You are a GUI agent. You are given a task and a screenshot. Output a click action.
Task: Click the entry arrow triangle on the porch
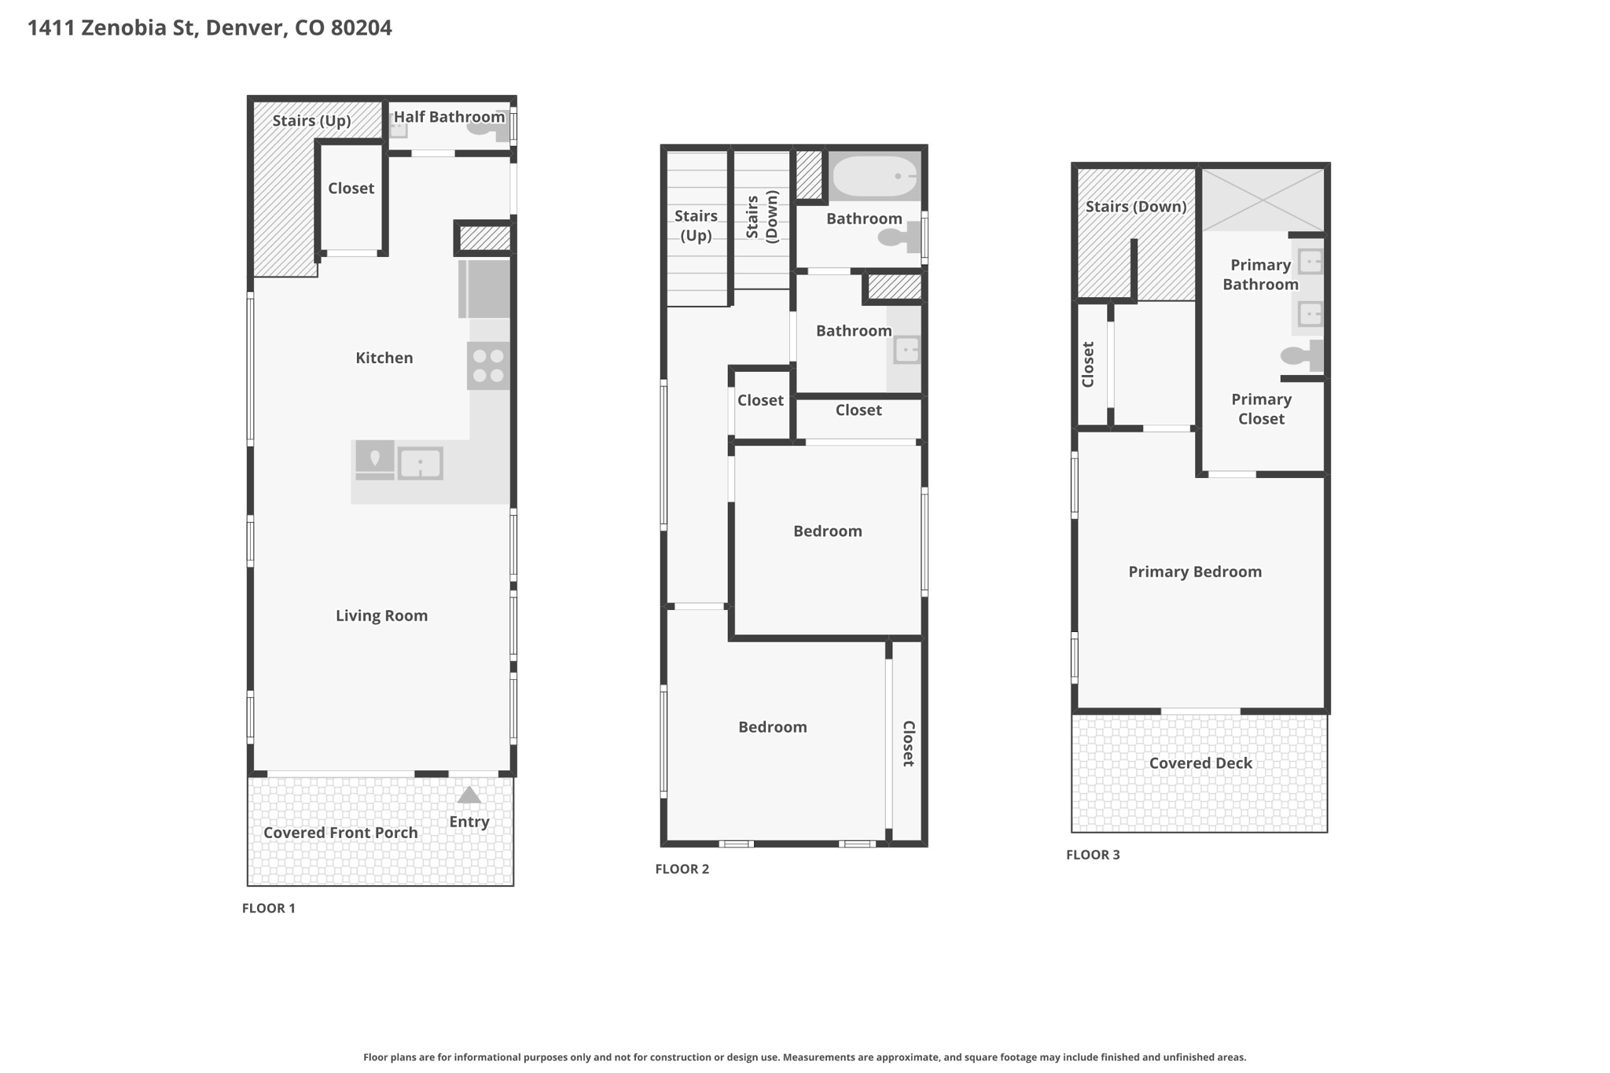tap(469, 796)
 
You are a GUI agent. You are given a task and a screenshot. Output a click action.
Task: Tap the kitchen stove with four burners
tap(488, 366)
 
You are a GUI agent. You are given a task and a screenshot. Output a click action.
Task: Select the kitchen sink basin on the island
tap(421, 463)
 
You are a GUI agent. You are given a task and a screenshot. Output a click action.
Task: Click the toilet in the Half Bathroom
tap(487, 126)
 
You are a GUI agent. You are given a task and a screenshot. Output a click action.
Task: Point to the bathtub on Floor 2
tap(874, 176)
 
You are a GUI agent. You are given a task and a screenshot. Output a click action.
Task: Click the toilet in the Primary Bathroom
tap(1301, 355)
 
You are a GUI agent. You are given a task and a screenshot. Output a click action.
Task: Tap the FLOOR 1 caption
tap(269, 908)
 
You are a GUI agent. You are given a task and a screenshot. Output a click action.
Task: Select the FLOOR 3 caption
tap(1093, 854)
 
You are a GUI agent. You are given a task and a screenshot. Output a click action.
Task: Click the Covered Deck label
tap(1200, 762)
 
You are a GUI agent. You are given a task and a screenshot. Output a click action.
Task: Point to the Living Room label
tap(382, 616)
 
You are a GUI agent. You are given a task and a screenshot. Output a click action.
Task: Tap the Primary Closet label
tap(1261, 409)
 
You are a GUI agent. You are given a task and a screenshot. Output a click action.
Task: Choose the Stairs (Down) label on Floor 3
tap(1136, 207)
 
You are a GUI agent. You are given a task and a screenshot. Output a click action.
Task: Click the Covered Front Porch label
tap(340, 832)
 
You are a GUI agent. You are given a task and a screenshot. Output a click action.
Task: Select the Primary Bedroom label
tap(1195, 571)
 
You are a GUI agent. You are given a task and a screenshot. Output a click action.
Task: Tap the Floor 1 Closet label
tap(351, 188)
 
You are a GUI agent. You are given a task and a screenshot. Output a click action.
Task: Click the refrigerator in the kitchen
tap(484, 288)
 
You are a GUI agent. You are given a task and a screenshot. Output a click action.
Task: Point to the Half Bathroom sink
tap(399, 127)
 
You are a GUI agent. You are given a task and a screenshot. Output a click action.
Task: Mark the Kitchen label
tap(384, 358)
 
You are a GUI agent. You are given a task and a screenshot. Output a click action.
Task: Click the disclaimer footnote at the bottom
tap(805, 1057)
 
